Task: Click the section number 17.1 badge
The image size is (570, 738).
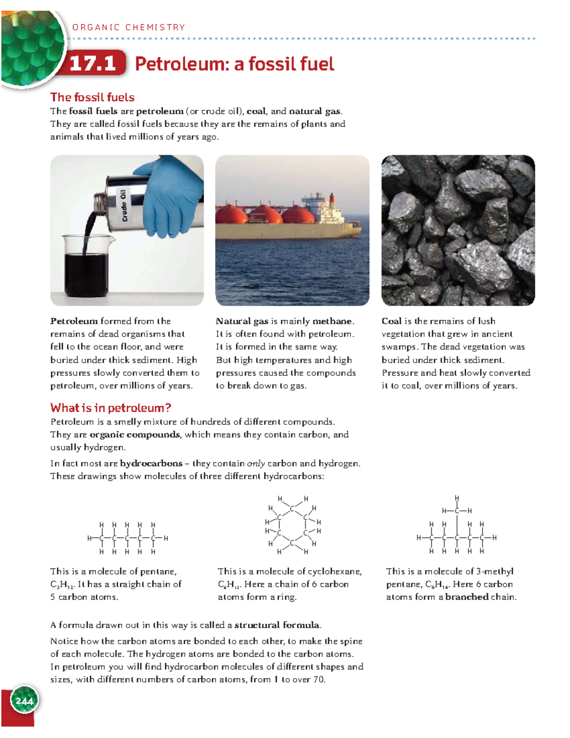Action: point(94,63)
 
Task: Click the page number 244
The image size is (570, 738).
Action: point(24,701)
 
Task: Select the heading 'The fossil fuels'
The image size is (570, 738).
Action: point(92,97)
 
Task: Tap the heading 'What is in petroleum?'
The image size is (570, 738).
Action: point(110,408)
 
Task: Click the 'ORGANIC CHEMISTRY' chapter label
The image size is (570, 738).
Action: point(128,28)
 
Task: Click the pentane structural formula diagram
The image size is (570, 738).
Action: point(127,538)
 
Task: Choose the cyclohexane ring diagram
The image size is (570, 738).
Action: point(293,525)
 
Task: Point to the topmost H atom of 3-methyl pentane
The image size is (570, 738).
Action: point(457,498)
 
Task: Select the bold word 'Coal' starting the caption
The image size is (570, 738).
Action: point(392,321)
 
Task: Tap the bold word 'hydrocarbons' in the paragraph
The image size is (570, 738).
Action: point(151,463)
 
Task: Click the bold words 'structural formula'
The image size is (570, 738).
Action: point(277,625)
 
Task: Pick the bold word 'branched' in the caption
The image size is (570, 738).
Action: point(467,597)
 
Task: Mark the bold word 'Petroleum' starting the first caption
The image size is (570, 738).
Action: point(74,321)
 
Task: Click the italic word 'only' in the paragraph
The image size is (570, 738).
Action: point(256,463)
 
